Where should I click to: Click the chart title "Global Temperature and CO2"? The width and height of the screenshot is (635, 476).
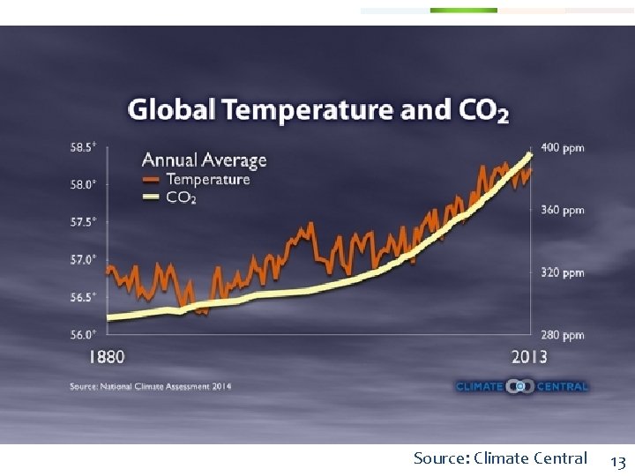pyautogui.click(x=318, y=110)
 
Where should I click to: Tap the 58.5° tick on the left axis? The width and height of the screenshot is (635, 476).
pyautogui.click(x=83, y=147)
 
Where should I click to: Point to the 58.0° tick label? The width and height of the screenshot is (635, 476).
pyautogui.click(x=83, y=185)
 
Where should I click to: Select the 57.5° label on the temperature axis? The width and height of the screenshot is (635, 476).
pyautogui.click(x=83, y=222)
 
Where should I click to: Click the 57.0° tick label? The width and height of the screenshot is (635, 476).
pyautogui.click(x=83, y=260)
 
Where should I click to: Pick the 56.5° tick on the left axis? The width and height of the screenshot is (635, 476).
pyautogui.click(x=83, y=297)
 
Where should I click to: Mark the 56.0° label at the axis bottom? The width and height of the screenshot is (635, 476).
pyautogui.click(x=83, y=335)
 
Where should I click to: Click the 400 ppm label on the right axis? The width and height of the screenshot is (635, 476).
pyautogui.click(x=563, y=147)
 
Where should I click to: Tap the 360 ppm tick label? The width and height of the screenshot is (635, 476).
pyautogui.click(x=563, y=210)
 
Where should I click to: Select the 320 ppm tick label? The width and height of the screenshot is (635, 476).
pyautogui.click(x=563, y=272)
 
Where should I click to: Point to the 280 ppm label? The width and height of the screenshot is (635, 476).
pyautogui.click(x=563, y=335)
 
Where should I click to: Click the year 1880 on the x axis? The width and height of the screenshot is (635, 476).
pyautogui.click(x=107, y=357)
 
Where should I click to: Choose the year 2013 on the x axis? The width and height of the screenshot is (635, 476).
pyautogui.click(x=528, y=357)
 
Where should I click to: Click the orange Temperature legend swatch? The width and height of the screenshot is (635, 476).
pyautogui.click(x=152, y=180)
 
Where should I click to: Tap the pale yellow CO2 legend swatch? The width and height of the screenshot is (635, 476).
pyautogui.click(x=152, y=197)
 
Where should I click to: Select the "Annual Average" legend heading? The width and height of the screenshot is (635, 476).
pyautogui.click(x=204, y=160)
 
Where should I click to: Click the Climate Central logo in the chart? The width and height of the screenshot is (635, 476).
pyautogui.click(x=521, y=386)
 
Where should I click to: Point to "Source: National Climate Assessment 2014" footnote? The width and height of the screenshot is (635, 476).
pyautogui.click(x=151, y=386)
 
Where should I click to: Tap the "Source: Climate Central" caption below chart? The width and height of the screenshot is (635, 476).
pyautogui.click(x=500, y=458)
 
